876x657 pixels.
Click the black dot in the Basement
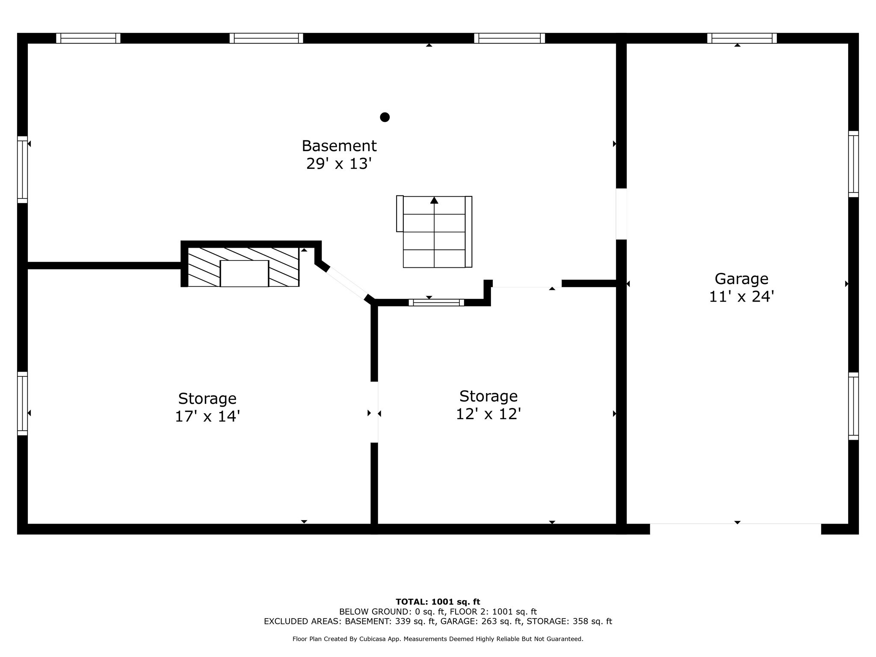pyautogui.click(x=385, y=117)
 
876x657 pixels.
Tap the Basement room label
pyautogui.click(x=339, y=146)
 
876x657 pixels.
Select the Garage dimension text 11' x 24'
pyautogui.click(x=741, y=296)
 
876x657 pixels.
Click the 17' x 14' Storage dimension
pyautogui.click(x=207, y=416)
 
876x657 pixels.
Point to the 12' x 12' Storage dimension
pyautogui.click(x=488, y=414)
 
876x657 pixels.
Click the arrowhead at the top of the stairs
pyautogui.click(x=434, y=200)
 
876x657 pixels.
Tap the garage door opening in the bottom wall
pyautogui.click(x=735, y=529)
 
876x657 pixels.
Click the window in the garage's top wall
pyautogui.click(x=742, y=38)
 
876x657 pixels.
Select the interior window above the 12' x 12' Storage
pyautogui.click(x=436, y=302)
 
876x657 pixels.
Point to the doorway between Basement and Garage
pyautogui.click(x=621, y=214)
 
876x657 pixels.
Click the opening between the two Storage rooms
pyautogui.click(x=374, y=412)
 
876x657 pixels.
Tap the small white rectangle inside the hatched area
pyautogui.click(x=244, y=273)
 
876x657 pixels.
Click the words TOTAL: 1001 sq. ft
pyautogui.click(x=438, y=602)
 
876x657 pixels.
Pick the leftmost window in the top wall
pyautogui.click(x=88, y=38)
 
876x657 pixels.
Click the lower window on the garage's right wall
pyautogui.click(x=853, y=406)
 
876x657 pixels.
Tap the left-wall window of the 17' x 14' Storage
pyautogui.click(x=22, y=403)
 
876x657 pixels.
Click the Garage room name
pyautogui.click(x=741, y=279)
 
